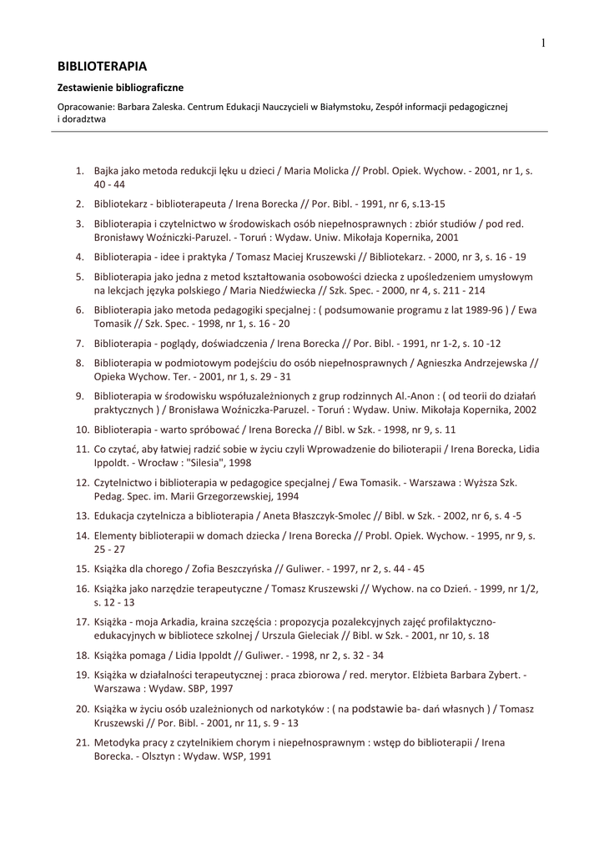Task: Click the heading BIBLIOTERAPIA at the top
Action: (x=102, y=65)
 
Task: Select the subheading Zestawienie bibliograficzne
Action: (x=120, y=87)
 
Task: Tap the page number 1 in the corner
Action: (x=542, y=43)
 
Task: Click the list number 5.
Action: (x=81, y=276)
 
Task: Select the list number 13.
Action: (x=83, y=515)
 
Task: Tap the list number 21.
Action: (x=83, y=741)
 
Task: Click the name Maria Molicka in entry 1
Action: (x=316, y=170)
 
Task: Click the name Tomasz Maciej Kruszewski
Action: (x=295, y=257)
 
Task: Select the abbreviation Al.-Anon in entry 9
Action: (x=416, y=395)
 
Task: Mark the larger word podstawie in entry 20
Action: (x=379, y=709)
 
